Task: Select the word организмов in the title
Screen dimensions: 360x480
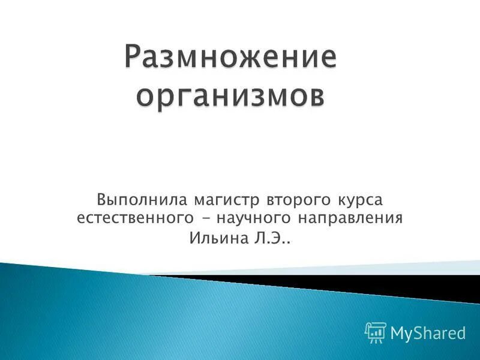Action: (x=231, y=96)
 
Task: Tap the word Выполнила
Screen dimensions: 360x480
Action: (x=139, y=199)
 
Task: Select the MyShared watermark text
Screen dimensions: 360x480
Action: (x=428, y=332)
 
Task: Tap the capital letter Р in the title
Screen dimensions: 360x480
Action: (x=136, y=58)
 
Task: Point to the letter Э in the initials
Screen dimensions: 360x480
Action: (x=277, y=239)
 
